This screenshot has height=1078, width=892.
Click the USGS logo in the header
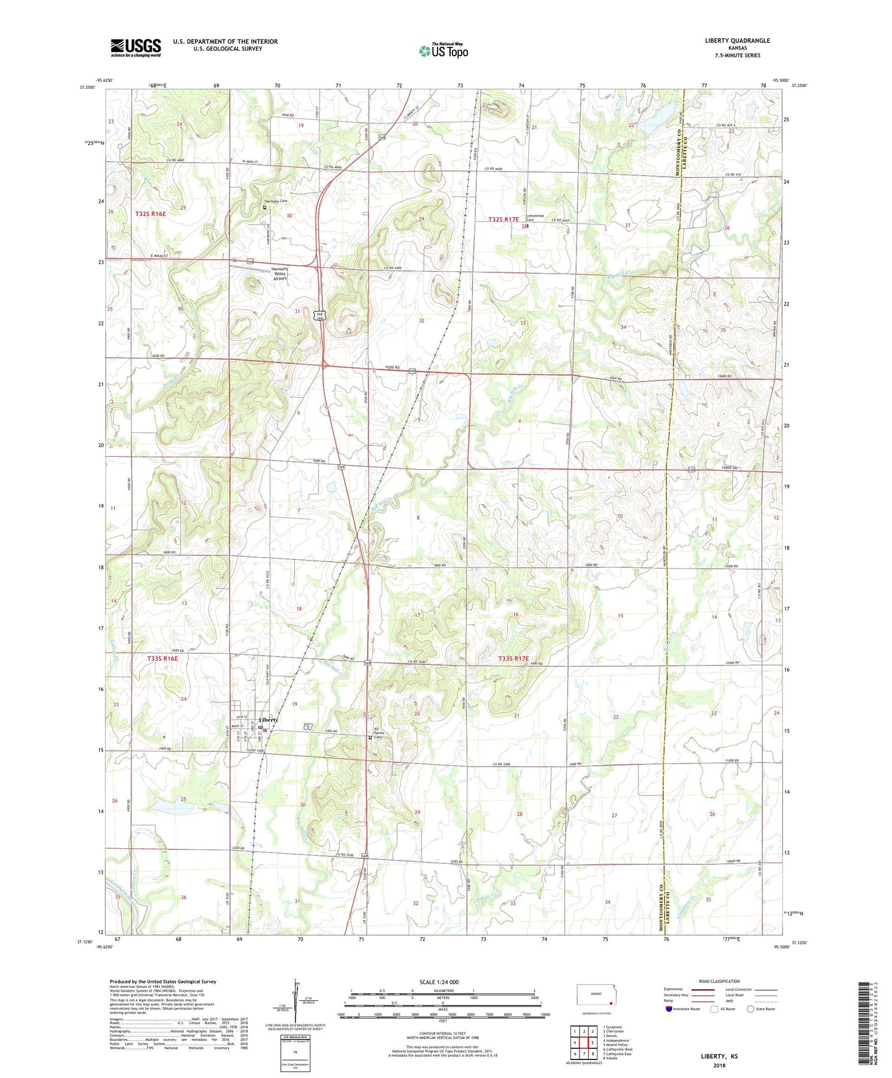(136, 48)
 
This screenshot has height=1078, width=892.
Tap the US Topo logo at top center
(443, 51)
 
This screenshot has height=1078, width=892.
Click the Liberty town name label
(269, 720)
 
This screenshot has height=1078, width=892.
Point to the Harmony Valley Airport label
(280, 274)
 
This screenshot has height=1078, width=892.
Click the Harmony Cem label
(276, 201)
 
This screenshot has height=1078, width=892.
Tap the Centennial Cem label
(535, 218)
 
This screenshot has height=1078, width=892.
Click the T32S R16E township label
(150, 214)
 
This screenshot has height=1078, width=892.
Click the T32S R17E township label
(504, 219)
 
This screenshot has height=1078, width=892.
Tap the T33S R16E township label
(162, 659)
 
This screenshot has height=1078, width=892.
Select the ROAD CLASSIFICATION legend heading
(719, 981)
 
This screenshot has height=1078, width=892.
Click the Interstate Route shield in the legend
(670, 1009)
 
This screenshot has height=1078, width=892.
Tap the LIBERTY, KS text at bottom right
(719, 1056)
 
